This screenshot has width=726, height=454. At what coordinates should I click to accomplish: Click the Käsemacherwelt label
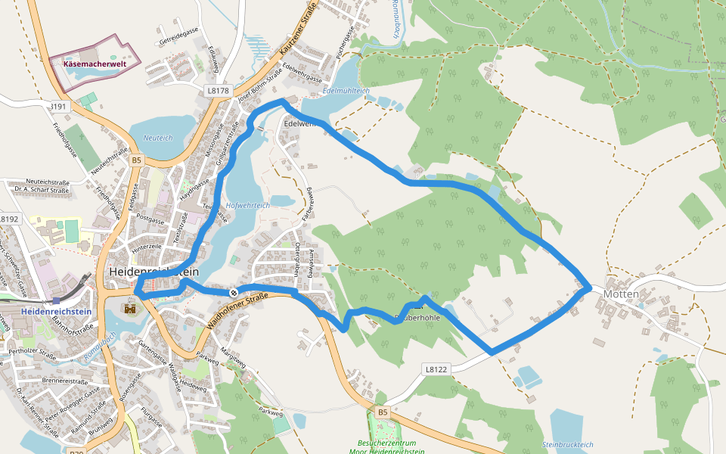95,64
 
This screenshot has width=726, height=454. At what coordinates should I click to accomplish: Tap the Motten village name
622,294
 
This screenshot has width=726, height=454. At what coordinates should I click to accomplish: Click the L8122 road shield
436,369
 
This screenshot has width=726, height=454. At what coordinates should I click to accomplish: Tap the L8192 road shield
8,219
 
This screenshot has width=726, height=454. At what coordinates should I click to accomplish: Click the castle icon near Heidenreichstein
130,309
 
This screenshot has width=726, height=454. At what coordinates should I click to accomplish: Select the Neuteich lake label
158,138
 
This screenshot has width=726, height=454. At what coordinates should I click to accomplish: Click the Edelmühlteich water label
346,90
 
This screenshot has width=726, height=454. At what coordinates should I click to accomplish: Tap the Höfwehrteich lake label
247,205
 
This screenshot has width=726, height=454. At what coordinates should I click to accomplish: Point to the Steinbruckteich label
568,444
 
